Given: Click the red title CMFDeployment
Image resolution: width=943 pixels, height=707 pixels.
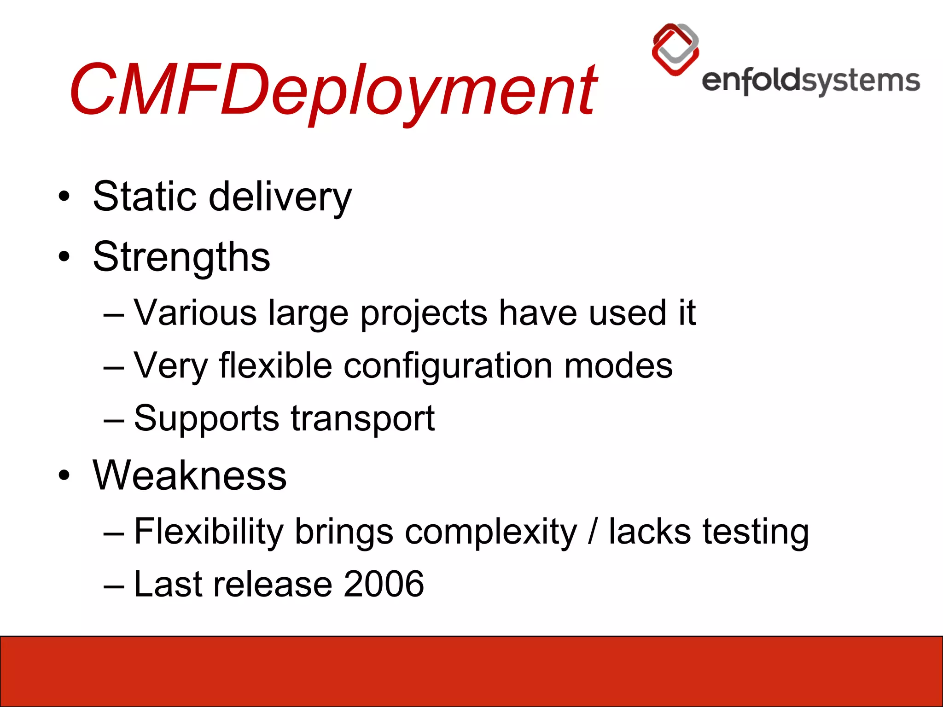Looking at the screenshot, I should (x=332, y=90).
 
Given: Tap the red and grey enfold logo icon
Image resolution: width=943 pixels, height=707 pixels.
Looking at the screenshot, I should (x=675, y=49).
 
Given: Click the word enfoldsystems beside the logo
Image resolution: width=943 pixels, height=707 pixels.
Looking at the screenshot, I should (x=810, y=81).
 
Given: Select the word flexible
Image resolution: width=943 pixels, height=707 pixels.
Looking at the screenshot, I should (x=275, y=365).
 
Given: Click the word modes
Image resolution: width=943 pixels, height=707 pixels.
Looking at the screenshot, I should (x=618, y=366).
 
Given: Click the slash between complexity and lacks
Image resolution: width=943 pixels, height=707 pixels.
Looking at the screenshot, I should (x=593, y=532).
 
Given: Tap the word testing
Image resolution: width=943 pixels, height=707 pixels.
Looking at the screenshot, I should (x=755, y=533).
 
